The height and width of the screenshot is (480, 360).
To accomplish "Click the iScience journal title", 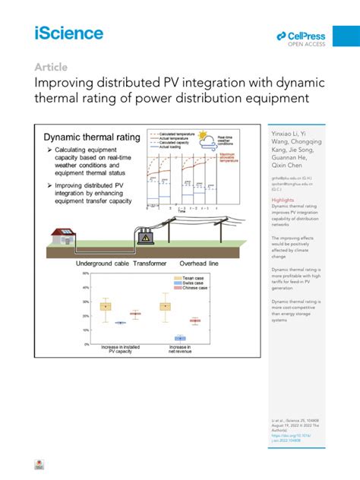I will click(x=68, y=33).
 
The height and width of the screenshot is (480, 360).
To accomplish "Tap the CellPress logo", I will click(x=300, y=37).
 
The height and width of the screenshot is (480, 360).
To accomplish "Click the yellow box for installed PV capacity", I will click(x=106, y=307).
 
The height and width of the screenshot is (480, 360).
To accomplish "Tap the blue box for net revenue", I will click(x=180, y=338).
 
